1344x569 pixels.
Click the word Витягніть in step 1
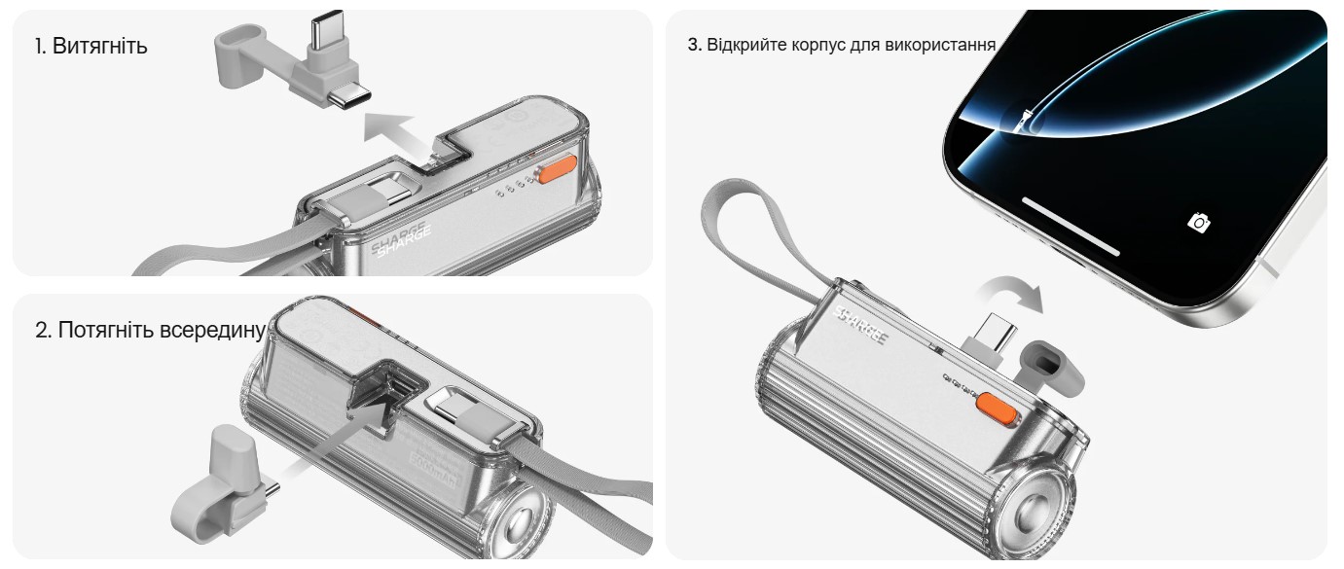click(x=99, y=46)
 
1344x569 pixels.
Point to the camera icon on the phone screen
click(x=1199, y=223)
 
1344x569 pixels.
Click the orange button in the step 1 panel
click(x=558, y=168)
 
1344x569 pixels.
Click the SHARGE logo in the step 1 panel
click(x=401, y=238)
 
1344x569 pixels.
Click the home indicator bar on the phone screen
click(x=1071, y=226)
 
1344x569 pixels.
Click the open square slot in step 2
click(x=384, y=395)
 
